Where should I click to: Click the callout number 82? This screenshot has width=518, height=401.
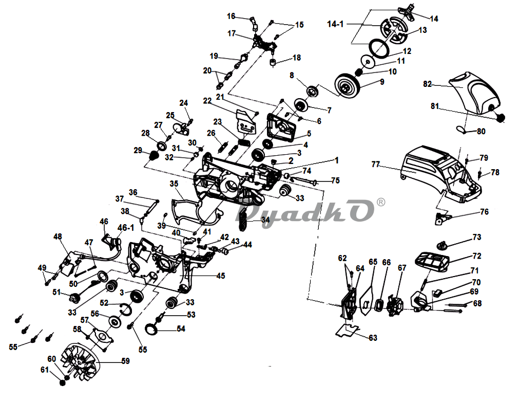[428, 84]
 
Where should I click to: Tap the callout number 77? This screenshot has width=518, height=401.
[376, 164]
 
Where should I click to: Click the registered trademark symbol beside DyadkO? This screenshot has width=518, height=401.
[380, 202]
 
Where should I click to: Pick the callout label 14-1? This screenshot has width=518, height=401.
[335, 24]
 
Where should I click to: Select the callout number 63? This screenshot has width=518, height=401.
[373, 338]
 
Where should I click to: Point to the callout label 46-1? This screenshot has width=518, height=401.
[126, 228]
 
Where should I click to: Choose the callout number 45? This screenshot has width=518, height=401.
[221, 276]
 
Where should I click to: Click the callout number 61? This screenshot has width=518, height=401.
[45, 370]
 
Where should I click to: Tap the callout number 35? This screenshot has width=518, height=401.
[174, 184]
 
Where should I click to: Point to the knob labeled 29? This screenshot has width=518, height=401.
[153, 155]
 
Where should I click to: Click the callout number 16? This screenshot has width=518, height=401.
[231, 16]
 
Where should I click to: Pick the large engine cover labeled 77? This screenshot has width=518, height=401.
[439, 174]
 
